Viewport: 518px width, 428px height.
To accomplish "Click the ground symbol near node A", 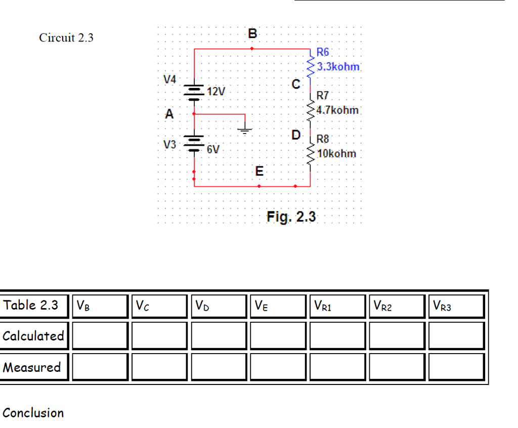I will pos(245,129).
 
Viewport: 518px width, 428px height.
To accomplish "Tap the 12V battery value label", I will pos(217,92).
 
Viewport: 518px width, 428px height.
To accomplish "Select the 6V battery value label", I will pos(213,149).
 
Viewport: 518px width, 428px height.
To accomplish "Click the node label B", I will pos(253,34).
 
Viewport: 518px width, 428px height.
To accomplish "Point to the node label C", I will pos(296,84).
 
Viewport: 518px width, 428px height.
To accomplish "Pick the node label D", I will pos(296,135).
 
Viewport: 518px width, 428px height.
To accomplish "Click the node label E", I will pos(258,172).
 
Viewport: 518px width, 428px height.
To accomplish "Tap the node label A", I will pos(169,115).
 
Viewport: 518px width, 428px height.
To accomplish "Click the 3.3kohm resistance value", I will pos(338,66).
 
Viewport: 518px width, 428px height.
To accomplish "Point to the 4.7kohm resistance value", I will pos(338,110).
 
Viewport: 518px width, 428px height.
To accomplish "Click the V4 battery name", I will pos(170,79).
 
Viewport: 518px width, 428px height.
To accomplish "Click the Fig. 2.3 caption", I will pos(291,217).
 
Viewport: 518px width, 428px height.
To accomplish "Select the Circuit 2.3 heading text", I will pos(66,38).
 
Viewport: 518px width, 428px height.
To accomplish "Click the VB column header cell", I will pos(100,306).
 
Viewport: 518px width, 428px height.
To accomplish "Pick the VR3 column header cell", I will pos(456,306).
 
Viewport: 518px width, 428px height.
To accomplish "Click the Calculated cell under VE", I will pos(277,336).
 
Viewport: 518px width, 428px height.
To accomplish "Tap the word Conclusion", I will pos(33,413).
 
